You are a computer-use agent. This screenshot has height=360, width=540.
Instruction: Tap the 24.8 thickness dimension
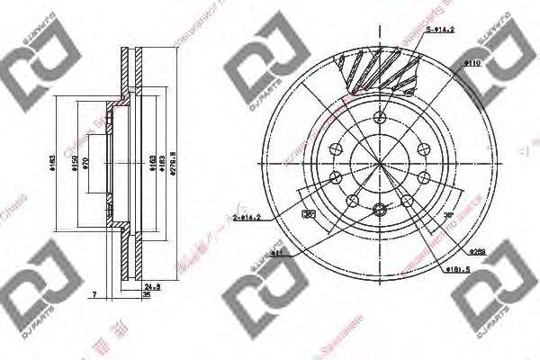tap(152, 286)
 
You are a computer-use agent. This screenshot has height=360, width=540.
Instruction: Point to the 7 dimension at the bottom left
tap(94, 294)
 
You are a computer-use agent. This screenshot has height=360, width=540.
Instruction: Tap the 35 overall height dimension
tap(147, 294)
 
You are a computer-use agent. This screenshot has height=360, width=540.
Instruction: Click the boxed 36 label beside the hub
tap(309, 215)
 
